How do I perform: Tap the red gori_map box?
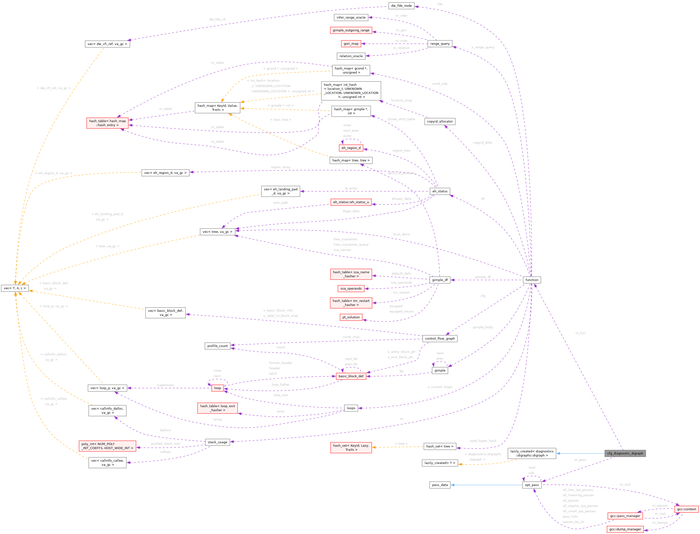351,44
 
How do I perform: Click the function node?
532,280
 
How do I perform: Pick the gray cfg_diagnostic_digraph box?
625,453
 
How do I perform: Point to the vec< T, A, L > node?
15,288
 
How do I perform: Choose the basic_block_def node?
351,376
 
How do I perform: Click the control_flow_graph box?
440,339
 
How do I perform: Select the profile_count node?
217,346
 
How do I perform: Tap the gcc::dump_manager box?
625,529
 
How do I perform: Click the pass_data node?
440,485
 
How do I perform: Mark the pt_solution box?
351,317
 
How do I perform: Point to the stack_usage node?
217,442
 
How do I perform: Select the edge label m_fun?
580,333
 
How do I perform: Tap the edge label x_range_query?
483,47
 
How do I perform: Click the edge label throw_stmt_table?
401,119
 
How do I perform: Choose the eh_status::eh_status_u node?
351,202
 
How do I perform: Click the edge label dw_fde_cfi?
217,19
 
